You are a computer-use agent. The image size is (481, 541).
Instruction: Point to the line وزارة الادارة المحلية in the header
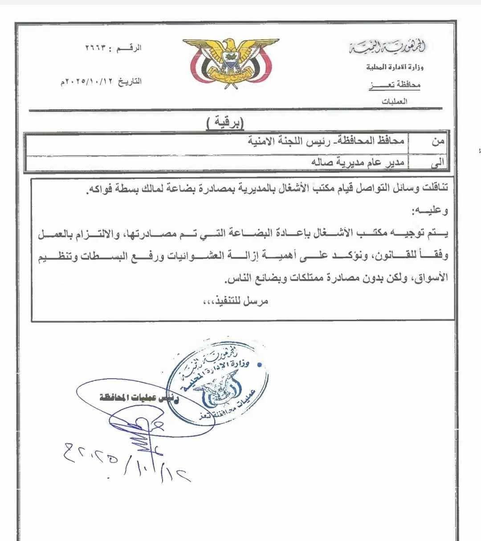(x=395, y=68)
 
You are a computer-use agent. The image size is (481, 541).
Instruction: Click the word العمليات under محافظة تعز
(x=395, y=101)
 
